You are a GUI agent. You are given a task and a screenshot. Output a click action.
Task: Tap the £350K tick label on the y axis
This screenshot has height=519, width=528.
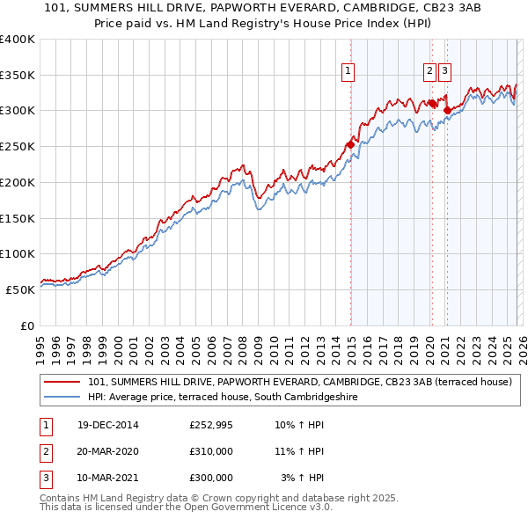[18, 75]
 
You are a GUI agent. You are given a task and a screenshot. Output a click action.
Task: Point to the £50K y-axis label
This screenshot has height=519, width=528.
[21, 289]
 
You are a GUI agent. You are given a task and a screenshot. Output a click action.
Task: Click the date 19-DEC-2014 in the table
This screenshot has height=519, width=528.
[107, 426]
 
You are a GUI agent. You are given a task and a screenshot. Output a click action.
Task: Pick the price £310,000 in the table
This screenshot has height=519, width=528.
[211, 451]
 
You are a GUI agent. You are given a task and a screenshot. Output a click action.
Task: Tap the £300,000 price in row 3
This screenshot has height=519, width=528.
[211, 477]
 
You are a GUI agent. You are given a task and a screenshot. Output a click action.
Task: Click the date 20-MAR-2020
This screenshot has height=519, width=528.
[107, 451]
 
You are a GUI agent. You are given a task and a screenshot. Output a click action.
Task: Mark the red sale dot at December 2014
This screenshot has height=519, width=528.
[350, 144]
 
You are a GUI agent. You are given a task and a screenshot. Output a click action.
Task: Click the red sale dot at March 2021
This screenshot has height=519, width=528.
[447, 111]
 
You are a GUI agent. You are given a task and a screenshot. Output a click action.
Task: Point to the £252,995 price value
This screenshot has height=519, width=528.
[211, 426]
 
